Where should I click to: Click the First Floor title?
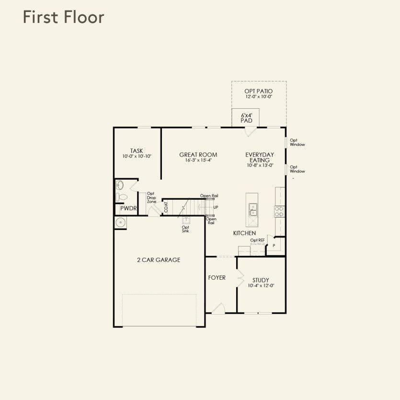64,17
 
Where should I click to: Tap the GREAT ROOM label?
198,155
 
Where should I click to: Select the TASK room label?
137,151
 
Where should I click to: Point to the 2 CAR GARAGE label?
159,260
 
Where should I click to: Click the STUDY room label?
261,280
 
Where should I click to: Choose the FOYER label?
217,277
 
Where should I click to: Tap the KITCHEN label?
244,233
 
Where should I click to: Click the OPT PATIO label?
258,91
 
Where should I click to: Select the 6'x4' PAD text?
246,118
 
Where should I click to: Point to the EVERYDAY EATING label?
260,158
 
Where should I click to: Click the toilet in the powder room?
122,197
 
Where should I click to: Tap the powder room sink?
120,185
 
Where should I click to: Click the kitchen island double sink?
253,209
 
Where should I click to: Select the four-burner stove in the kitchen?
279,211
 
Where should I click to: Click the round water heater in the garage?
120,222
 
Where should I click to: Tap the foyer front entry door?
218,308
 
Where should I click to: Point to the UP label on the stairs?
216,207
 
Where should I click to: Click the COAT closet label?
166,207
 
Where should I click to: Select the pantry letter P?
274,246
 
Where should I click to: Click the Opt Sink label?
185,229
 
